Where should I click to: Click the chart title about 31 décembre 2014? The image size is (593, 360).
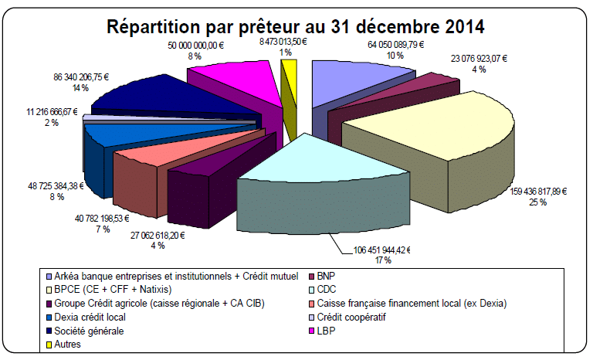tap(296, 25)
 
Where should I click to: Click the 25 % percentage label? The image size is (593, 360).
tap(538, 202)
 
